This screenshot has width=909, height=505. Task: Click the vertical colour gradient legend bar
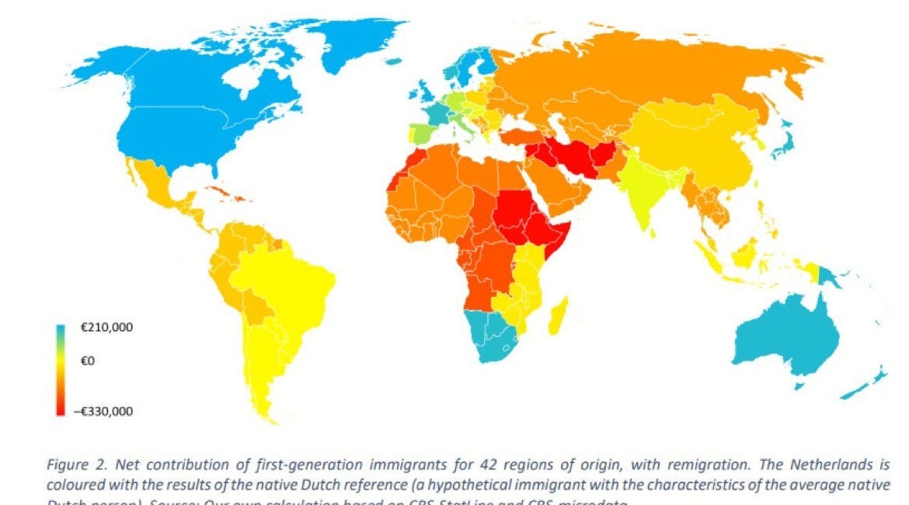(x=61, y=369)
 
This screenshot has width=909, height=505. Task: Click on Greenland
(x=353, y=43)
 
